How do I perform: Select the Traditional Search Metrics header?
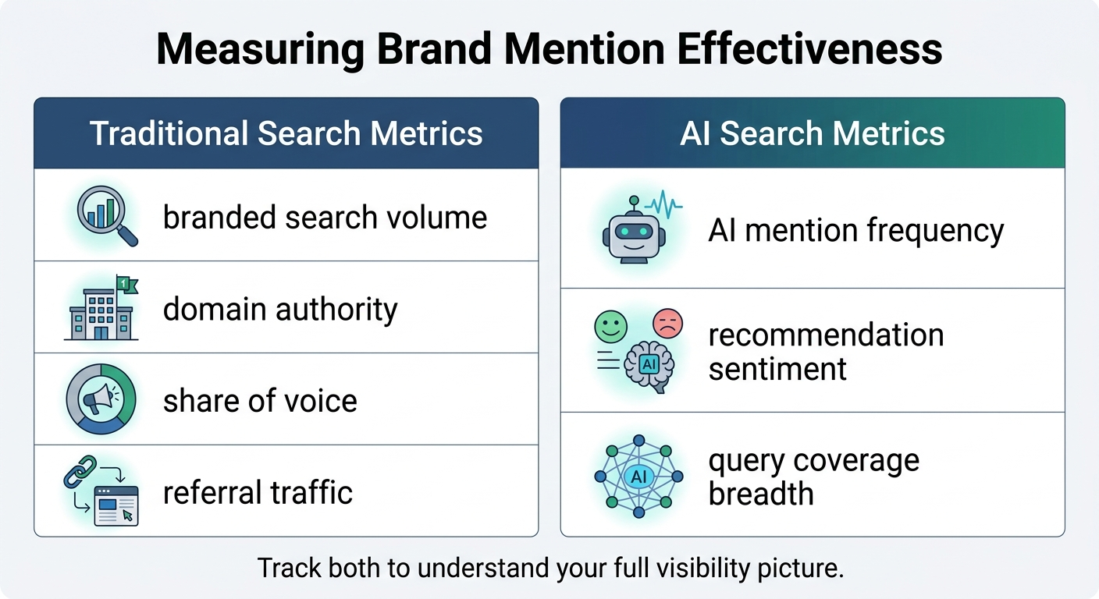coord(286,133)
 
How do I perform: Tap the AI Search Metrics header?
coord(812,133)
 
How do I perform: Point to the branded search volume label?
coord(325,217)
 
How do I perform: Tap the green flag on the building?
coord(126,284)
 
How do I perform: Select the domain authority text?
coord(280,310)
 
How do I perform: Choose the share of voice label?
coord(260,401)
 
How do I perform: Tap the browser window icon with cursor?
coord(116,505)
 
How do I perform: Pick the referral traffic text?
coord(258,493)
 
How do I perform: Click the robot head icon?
coord(633,233)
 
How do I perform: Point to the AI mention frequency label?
coord(855,231)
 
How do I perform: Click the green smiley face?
coord(610,324)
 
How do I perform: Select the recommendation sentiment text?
coord(826,351)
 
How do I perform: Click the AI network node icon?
coord(638,477)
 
